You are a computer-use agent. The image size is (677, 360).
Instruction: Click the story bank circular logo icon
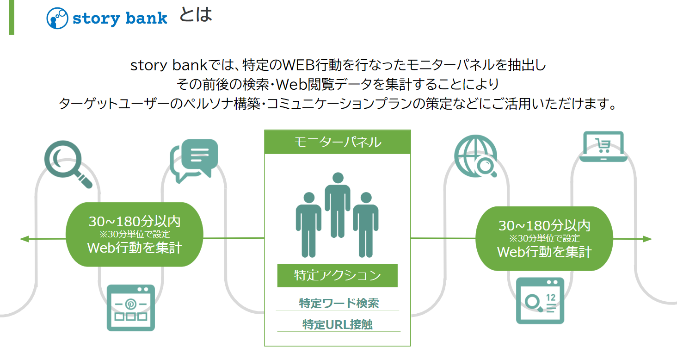(57, 19)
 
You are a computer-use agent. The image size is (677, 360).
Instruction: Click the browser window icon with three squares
(130, 308)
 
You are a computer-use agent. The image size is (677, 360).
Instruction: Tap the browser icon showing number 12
(540, 301)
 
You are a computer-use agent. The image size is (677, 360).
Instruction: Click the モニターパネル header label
(337, 142)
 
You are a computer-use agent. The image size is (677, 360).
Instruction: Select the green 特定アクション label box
(337, 275)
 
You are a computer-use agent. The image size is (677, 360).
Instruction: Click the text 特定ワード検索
(338, 304)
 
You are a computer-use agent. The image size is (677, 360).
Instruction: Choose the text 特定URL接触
(338, 325)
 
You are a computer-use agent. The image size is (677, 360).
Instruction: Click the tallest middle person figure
(338, 204)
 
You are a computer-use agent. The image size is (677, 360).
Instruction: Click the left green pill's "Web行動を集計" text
(135, 248)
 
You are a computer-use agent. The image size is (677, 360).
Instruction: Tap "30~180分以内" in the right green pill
(544, 226)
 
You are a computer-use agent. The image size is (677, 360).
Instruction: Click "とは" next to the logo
(195, 15)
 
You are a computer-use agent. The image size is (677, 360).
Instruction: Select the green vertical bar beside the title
(12, 17)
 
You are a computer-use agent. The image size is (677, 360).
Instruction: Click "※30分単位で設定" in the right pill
(544, 239)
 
